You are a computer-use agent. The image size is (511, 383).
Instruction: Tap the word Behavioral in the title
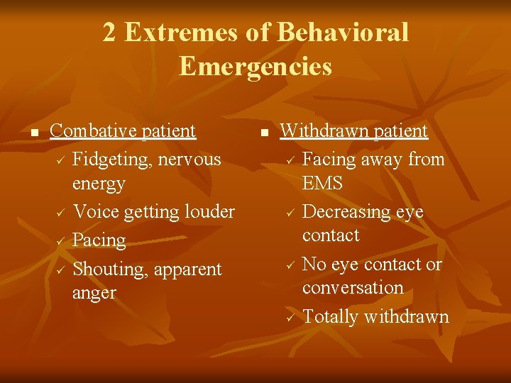coord(343,33)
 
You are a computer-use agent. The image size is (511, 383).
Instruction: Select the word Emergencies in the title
coord(255,66)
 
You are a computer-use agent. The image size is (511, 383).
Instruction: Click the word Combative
coord(94,131)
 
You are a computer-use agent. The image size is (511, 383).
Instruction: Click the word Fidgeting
coord(113,160)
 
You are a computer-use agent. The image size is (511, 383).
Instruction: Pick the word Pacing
coord(99,240)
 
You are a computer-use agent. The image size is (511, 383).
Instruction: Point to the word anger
coord(94,293)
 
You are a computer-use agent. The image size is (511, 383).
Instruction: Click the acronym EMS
coord(322,183)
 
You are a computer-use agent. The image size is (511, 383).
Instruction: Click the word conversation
coord(353,288)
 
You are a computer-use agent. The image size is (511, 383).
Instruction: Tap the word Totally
coord(330,316)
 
